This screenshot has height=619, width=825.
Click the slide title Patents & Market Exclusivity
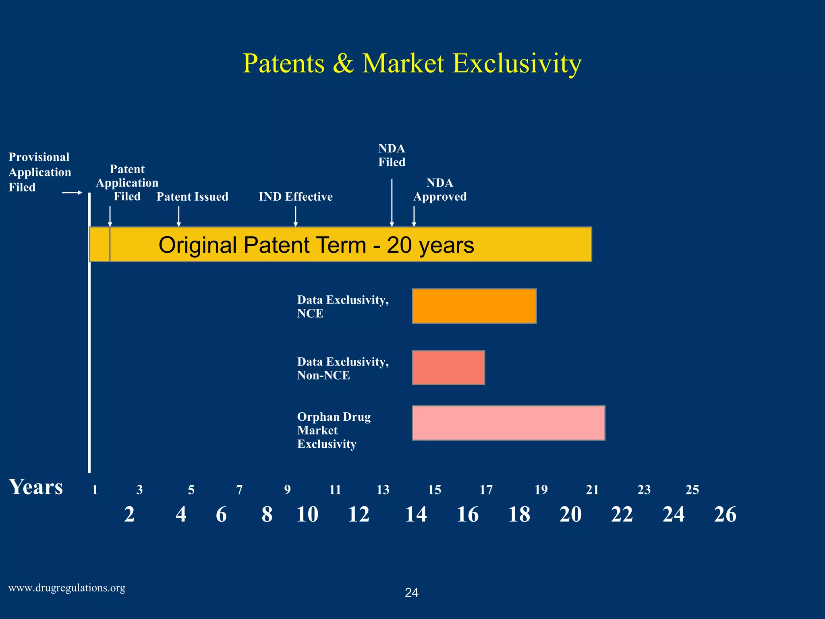tap(412, 63)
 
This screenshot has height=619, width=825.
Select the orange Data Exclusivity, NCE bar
tap(474, 306)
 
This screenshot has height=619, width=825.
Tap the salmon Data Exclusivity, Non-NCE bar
tap(448, 368)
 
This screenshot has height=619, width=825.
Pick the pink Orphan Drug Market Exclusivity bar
tap(508, 423)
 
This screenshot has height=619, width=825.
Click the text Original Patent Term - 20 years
tap(316, 245)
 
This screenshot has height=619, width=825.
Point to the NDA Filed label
tap(392, 156)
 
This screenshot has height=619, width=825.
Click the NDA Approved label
tap(440, 190)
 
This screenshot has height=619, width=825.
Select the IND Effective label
tap(296, 197)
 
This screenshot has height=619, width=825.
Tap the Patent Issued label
tap(192, 197)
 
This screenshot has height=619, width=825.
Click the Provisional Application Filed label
tap(39, 172)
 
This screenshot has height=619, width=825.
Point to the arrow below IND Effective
tap(296, 216)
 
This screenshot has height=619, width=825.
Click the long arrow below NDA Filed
tap(392, 203)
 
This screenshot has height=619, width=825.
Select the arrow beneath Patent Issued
tap(179, 216)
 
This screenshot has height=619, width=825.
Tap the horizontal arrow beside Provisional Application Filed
tap(72, 193)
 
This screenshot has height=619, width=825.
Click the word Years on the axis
tap(36, 487)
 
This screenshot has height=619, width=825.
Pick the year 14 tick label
tap(416, 515)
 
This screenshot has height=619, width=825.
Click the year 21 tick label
tap(592, 490)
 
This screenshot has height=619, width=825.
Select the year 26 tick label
tap(725, 515)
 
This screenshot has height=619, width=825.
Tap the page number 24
tap(412, 593)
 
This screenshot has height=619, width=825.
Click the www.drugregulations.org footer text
tap(67, 588)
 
